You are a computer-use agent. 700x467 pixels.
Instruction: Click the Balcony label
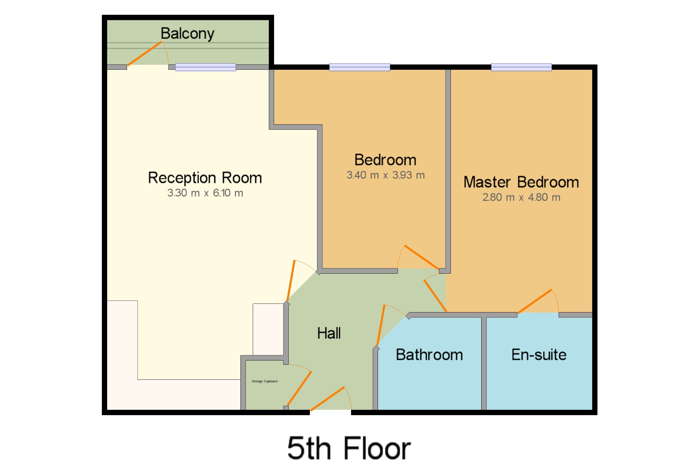(187, 34)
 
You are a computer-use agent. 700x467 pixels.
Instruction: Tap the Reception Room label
(205, 178)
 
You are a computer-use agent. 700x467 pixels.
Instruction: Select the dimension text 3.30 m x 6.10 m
(205, 193)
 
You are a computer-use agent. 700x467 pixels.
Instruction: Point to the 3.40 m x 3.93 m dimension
(385, 175)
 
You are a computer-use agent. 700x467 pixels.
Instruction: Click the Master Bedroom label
(521, 182)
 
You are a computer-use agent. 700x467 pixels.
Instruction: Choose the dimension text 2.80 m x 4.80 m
(521, 198)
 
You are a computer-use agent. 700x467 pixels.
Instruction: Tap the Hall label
(329, 333)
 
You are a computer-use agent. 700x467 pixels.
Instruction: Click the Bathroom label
(429, 355)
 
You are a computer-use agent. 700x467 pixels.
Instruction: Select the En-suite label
(539, 355)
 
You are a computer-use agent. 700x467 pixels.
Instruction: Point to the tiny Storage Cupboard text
(265, 381)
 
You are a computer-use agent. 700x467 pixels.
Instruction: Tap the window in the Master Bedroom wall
(521, 67)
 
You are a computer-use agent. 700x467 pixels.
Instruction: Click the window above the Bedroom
(360, 67)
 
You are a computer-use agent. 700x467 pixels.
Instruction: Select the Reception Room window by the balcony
(205, 67)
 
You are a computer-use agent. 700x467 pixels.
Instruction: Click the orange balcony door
(145, 54)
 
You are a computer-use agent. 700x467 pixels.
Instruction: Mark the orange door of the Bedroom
(421, 257)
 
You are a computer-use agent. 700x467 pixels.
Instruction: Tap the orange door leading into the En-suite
(534, 301)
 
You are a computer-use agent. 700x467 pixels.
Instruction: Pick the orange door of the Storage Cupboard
(299, 389)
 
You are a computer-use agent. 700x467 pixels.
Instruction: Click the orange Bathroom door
(381, 325)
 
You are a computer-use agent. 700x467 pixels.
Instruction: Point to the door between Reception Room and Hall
(291, 281)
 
